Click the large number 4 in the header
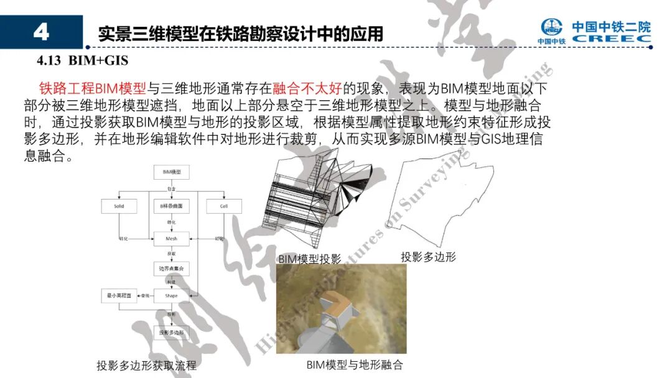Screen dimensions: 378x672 point(41,32)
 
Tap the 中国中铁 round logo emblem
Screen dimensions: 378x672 point(551,27)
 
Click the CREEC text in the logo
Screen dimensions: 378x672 point(611,39)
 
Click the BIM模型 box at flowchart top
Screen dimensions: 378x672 point(171,172)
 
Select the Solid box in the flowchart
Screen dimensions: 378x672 point(119,206)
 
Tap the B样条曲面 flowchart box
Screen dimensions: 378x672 point(171,206)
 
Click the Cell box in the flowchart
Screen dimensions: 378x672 point(224,206)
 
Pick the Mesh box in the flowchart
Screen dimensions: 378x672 point(171,238)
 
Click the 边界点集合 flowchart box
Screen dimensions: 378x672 point(171,268)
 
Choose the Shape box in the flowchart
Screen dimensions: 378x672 point(171,296)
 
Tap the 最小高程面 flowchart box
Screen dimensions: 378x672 point(119,296)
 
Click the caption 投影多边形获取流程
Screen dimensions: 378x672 point(146,366)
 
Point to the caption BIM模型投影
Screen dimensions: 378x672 point(309,259)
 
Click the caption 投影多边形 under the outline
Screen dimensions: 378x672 point(428,256)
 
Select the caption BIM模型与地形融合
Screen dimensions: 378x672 point(355,364)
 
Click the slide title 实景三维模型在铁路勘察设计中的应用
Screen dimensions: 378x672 point(241,34)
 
